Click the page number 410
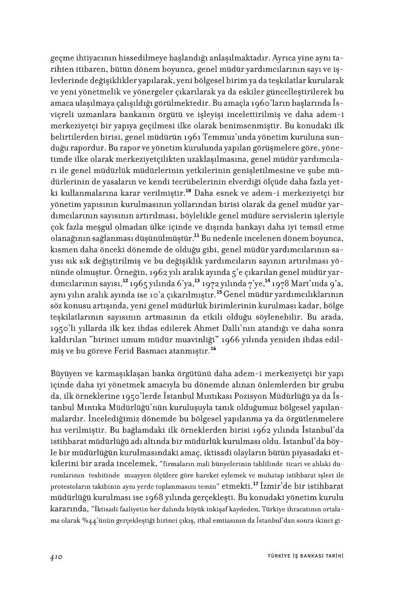pyautogui.click(x=55, y=556)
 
